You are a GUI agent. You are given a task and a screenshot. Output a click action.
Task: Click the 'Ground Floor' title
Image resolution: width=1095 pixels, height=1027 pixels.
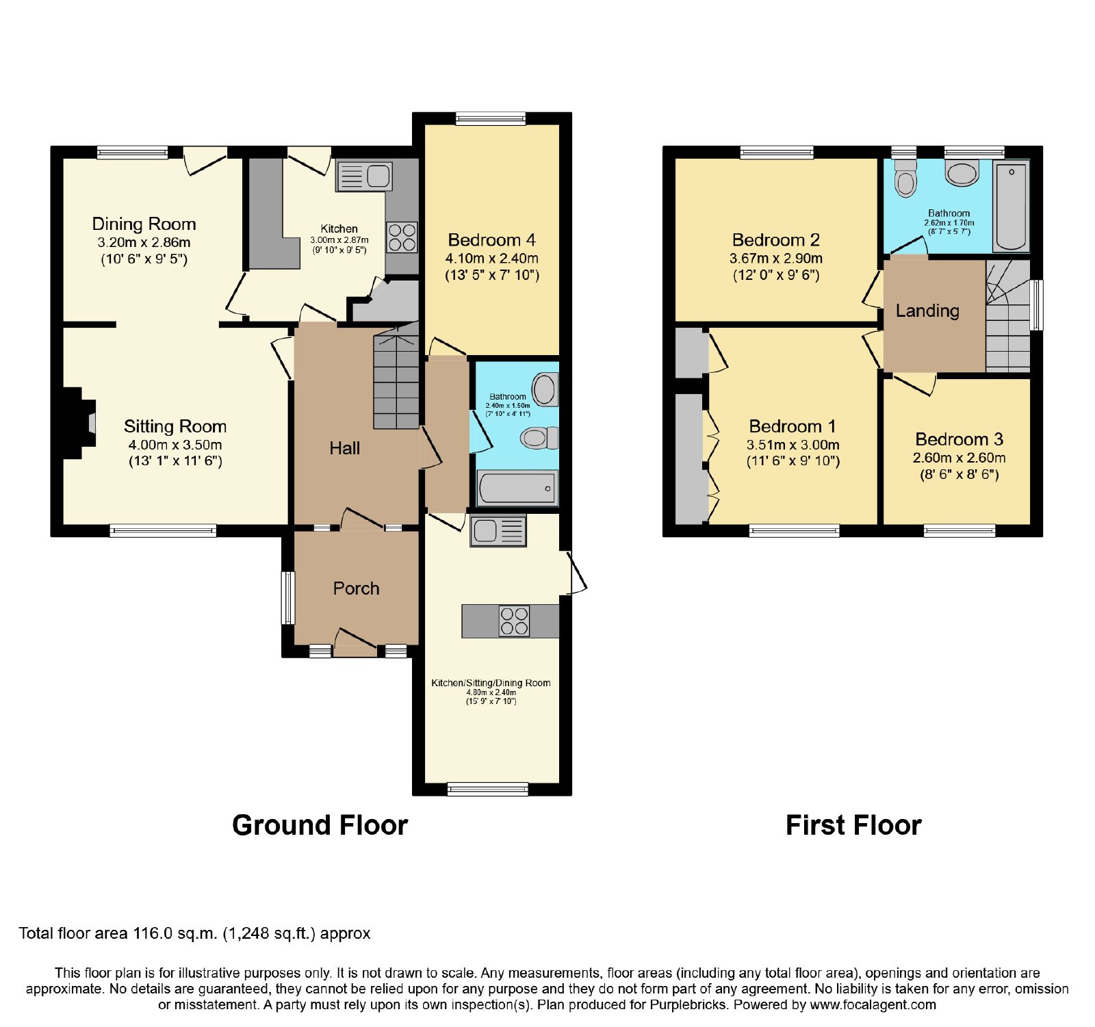320,825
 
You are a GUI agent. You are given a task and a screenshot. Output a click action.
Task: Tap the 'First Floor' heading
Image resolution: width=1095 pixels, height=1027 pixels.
853,825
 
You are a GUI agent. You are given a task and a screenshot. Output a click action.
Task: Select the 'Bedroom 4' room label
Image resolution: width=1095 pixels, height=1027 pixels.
491,240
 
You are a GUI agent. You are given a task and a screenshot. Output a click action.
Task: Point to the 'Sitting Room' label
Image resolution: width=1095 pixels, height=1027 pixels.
175,426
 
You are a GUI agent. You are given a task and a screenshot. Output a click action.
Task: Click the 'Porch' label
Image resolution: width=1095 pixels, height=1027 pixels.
356,588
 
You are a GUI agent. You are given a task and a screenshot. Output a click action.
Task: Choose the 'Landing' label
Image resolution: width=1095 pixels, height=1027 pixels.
927,311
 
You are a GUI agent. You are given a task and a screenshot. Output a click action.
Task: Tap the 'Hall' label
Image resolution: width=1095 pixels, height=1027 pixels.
344,448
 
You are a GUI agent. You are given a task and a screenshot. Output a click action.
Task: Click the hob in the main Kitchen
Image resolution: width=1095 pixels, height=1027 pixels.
402,237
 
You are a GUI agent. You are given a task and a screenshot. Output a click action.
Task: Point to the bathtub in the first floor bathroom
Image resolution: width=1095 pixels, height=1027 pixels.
1012,206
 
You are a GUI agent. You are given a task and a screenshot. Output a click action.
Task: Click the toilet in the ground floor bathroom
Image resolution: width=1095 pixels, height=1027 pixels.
539,437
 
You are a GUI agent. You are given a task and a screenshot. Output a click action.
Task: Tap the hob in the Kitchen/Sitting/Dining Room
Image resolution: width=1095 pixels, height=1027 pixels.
514,621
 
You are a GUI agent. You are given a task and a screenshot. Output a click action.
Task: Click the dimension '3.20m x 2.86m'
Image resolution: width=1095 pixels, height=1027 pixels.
144,242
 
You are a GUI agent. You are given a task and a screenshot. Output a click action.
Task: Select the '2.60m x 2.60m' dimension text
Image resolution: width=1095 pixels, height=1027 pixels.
959,458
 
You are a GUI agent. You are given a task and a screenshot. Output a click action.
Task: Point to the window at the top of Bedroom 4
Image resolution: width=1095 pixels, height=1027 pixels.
491,118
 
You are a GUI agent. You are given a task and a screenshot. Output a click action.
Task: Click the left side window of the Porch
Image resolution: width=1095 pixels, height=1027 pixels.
288,598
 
